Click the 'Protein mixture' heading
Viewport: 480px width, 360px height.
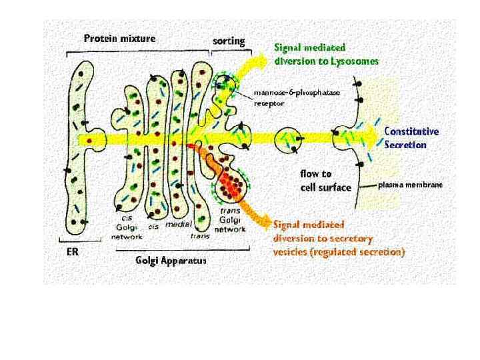click(119, 39)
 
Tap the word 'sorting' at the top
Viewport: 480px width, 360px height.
click(229, 41)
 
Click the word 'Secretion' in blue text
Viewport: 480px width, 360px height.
click(405, 143)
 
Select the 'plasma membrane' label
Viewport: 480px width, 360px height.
click(410, 185)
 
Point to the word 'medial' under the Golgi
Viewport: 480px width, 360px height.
click(178, 225)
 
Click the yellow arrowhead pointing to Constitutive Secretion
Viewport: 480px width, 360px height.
click(373, 139)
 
